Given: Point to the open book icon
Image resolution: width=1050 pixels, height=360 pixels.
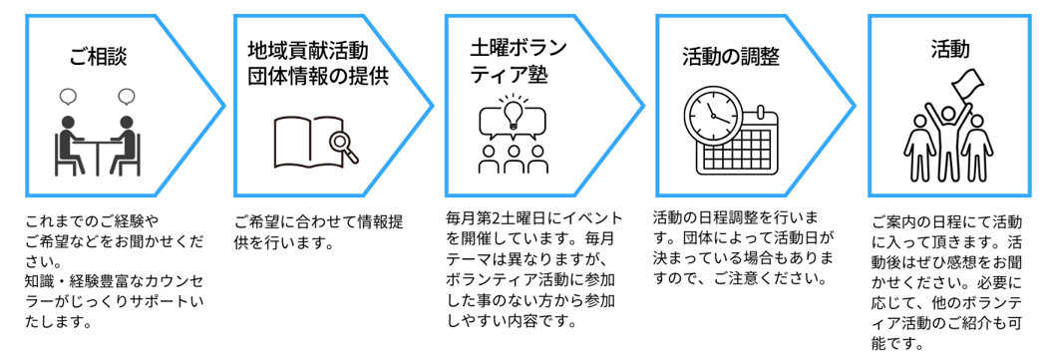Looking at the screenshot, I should coord(304,142).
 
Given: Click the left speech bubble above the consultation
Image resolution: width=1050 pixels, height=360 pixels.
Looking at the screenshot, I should coord(68,98).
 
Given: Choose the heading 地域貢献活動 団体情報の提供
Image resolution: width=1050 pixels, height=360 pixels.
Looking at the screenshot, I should coord(316,62).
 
